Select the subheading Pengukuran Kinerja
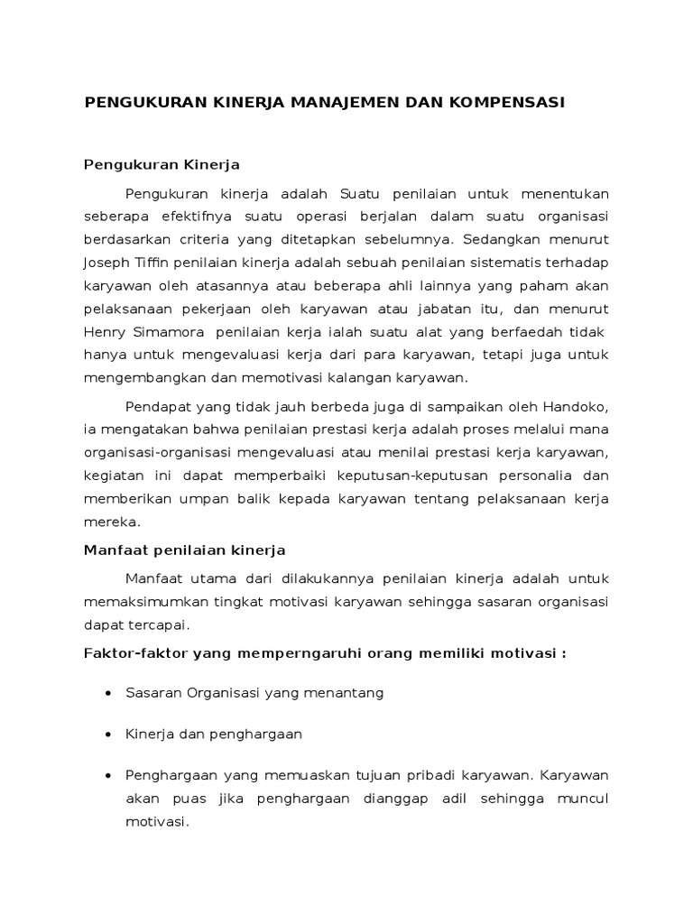pyautogui.click(x=162, y=165)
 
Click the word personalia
pyautogui.click(x=531, y=475)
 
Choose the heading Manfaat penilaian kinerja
pyautogui.click(x=184, y=549)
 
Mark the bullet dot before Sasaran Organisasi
pyautogui.click(x=108, y=694)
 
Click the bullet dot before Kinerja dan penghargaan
pyautogui.click(x=108, y=735)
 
